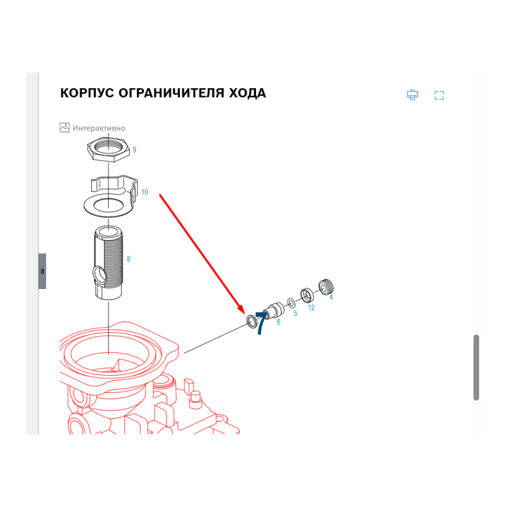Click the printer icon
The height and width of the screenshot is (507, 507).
click(x=413, y=94)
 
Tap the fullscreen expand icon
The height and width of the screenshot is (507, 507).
click(x=439, y=96)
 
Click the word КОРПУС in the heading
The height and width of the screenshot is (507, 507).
click(x=87, y=93)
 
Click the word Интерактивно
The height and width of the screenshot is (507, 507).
click(x=99, y=129)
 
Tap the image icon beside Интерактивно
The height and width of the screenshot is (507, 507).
click(x=65, y=127)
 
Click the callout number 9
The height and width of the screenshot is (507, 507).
click(x=134, y=150)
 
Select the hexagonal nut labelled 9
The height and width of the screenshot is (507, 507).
click(x=108, y=149)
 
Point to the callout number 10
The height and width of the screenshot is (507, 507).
click(x=144, y=192)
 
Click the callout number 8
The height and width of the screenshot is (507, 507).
click(x=129, y=259)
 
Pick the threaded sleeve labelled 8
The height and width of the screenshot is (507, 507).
click(x=108, y=262)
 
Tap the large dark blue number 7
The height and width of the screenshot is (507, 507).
click(x=260, y=323)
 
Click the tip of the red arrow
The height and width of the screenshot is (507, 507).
click(x=244, y=313)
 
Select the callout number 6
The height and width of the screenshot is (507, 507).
click(x=278, y=322)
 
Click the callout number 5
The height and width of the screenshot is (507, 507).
click(x=295, y=313)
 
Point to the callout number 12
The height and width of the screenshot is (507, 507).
click(x=311, y=308)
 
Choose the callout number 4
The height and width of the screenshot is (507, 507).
click(x=331, y=297)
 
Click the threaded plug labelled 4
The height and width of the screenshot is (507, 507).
click(x=326, y=287)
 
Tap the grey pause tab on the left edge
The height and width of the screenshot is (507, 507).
click(x=42, y=271)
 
